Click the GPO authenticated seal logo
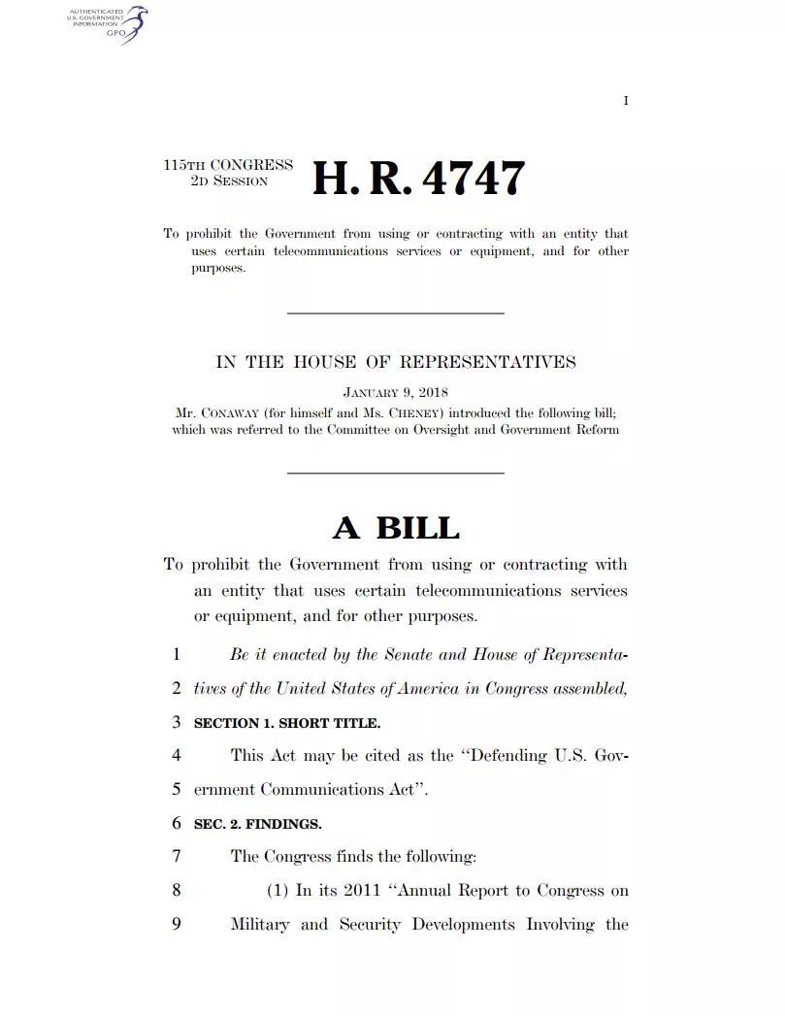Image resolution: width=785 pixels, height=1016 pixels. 107,24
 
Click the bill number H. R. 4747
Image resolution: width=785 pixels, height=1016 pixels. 418,179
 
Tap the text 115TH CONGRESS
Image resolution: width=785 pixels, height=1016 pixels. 228,165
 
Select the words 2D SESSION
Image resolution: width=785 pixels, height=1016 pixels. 229,180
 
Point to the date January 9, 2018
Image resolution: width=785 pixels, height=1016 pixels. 395,393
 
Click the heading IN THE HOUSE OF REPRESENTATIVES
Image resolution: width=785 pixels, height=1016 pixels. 395,363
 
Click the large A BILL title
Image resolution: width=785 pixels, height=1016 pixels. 396,528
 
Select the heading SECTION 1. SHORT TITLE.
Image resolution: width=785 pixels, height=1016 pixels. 287,723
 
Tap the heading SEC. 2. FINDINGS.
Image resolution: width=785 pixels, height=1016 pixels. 258,824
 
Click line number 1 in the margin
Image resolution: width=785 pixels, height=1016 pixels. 176,655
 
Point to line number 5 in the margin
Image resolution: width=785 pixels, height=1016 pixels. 176,790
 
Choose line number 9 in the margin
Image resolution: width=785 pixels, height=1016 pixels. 176,924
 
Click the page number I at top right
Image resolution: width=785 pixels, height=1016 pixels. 626,101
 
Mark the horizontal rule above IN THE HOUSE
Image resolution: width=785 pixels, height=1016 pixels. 396,312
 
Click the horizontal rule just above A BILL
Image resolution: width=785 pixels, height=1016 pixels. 396,473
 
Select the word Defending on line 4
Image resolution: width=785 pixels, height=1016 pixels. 511,756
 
